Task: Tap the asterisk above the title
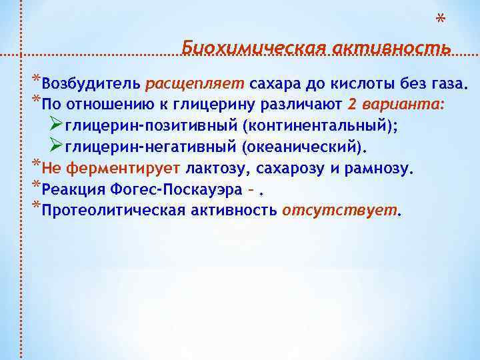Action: (x=440, y=20)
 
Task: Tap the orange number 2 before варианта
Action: (x=351, y=105)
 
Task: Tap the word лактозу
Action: (x=215, y=169)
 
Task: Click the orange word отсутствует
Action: (x=340, y=211)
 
